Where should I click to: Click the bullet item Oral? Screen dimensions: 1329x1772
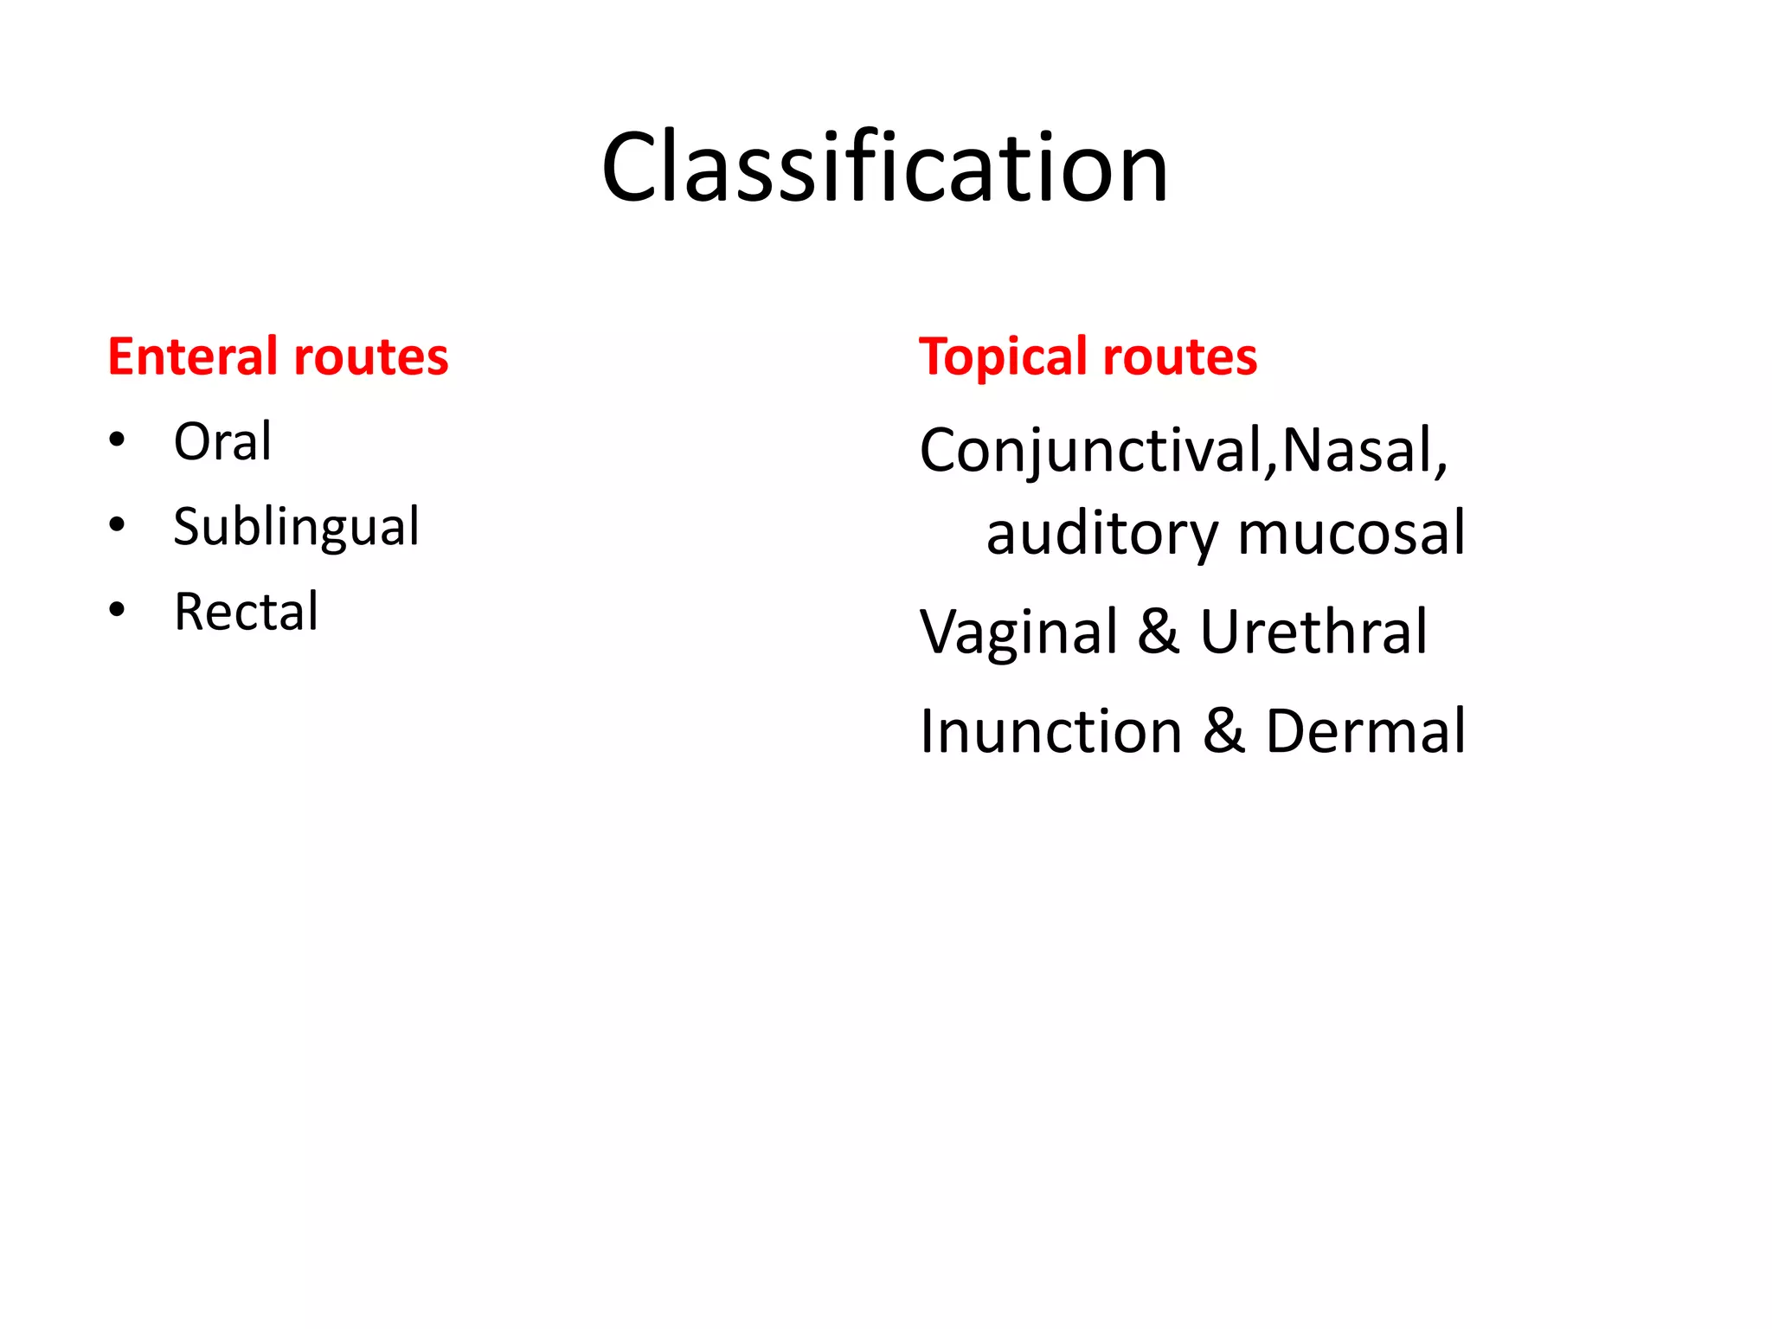pyautogui.click(x=222, y=441)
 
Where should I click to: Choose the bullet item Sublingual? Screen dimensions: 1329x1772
pyautogui.click(x=296, y=526)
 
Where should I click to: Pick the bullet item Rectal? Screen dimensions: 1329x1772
pyautogui.click(x=247, y=611)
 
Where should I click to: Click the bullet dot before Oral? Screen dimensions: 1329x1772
pyautogui.click(x=118, y=440)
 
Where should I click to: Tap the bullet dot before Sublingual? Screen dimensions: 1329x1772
pyautogui.click(x=118, y=524)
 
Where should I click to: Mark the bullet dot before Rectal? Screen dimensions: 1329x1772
pyautogui.click(x=118, y=609)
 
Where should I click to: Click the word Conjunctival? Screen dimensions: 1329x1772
pyautogui.click(x=1092, y=452)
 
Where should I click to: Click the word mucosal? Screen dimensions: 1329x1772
pyautogui.click(x=1351, y=533)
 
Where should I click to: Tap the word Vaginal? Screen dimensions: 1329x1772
pyautogui.click(x=1019, y=632)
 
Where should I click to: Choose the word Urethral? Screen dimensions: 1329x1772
pyautogui.click(x=1313, y=632)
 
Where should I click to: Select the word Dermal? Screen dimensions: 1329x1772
pyautogui.click(x=1365, y=731)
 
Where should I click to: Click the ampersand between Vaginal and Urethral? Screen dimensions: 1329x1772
pyautogui.click(x=1159, y=632)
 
